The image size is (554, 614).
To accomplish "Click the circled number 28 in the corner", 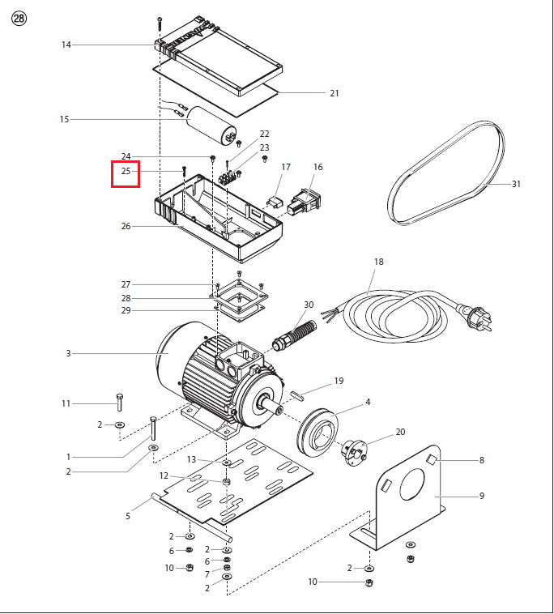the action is pos(19,19).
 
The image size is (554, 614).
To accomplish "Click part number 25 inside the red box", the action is pos(126,171).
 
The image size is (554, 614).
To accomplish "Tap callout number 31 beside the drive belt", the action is pos(516,184).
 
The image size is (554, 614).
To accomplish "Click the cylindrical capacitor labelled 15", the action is pos(211,126).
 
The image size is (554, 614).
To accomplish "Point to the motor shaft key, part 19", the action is pos(297,394).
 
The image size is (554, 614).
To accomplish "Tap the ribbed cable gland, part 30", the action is pos(294,334).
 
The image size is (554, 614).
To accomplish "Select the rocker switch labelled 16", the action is pos(305,202).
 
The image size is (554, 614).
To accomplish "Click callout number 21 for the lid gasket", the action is pos(334,93).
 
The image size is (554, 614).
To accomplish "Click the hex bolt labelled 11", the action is pos(119,402).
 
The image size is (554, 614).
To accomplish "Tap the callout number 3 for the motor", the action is pos(68,353).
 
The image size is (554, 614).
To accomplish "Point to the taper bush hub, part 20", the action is pos(354,453).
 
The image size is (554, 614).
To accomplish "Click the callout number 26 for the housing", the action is pos(126,226).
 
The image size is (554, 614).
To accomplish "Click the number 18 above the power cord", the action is pos(378,262).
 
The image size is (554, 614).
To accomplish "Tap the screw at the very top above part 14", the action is pos(160,23).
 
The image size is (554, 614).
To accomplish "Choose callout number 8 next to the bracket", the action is pos(482,460).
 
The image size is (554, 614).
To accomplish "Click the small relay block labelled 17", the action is pos(275,202).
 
